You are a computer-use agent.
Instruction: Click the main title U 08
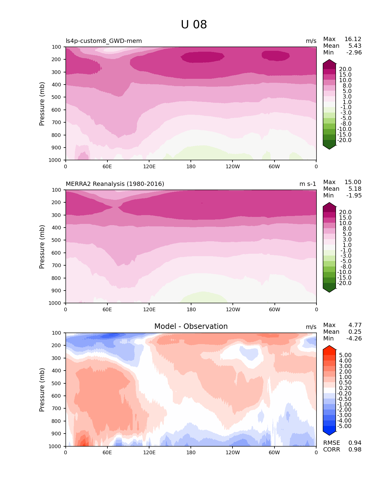point(194,25)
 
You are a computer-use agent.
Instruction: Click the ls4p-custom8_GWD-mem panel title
point(104,41)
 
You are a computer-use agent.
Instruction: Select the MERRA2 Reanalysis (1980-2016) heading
point(115,184)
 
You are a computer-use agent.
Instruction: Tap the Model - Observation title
point(191,326)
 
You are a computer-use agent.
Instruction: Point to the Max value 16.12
point(353,39)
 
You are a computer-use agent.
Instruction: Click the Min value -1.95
point(354,196)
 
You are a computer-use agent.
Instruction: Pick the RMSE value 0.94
point(355,443)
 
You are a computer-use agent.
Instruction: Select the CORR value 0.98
point(355,450)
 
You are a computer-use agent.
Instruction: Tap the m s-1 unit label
point(308,184)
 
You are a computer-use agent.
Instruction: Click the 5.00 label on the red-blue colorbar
point(345,355)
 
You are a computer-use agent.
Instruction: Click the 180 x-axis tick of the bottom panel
point(191,453)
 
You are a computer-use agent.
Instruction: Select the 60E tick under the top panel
point(107,167)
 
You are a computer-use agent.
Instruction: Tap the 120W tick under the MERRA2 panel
point(233,310)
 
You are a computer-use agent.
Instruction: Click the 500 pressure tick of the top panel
point(57,97)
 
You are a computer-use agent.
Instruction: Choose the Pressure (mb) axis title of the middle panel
point(42,247)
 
